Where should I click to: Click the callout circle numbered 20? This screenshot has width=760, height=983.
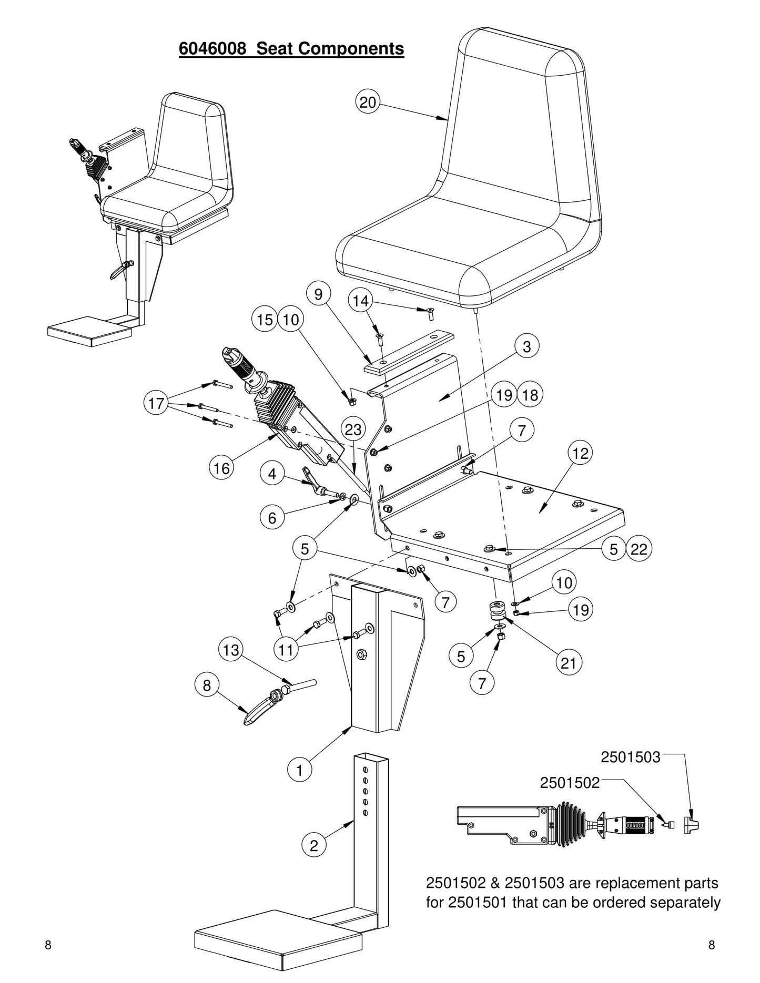[368, 101]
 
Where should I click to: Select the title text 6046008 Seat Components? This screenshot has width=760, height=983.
[291, 48]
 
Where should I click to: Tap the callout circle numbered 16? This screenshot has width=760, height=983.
[222, 467]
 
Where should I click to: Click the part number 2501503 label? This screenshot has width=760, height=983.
[630, 757]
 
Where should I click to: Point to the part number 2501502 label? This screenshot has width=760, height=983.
[570, 783]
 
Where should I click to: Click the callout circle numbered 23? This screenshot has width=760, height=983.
[353, 429]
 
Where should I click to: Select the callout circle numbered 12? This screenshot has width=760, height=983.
[580, 453]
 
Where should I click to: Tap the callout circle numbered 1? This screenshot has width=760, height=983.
[300, 771]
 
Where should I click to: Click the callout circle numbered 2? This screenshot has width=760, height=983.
[314, 845]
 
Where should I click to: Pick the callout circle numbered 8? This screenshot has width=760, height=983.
[207, 685]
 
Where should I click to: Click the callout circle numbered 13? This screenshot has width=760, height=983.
[231, 650]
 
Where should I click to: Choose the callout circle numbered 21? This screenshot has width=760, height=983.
[569, 663]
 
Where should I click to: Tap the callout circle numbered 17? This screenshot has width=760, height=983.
[156, 404]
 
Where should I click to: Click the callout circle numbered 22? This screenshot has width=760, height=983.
[639, 549]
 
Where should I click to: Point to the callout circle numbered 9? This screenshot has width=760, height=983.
[318, 294]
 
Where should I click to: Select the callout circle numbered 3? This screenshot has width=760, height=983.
[527, 346]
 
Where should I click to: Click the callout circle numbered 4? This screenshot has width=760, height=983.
[272, 474]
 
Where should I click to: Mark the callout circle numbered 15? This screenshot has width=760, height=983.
[265, 320]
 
